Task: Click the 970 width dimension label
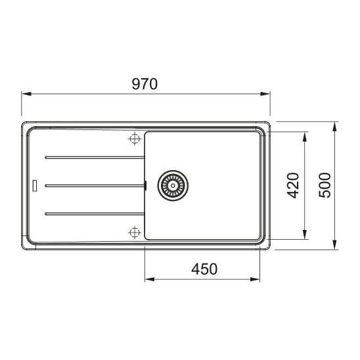(x=145, y=84)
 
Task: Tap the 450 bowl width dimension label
(x=204, y=269)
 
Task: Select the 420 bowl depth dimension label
(x=293, y=185)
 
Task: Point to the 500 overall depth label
(x=325, y=185)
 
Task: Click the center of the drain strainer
(x=173, y=185)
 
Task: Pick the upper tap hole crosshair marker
(x=134, y=139)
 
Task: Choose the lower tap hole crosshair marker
(x=134, y=233)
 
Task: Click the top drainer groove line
(x=95, y=158)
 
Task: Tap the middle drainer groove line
(x=95, y=185)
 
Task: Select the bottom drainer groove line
(x=95, y=214)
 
